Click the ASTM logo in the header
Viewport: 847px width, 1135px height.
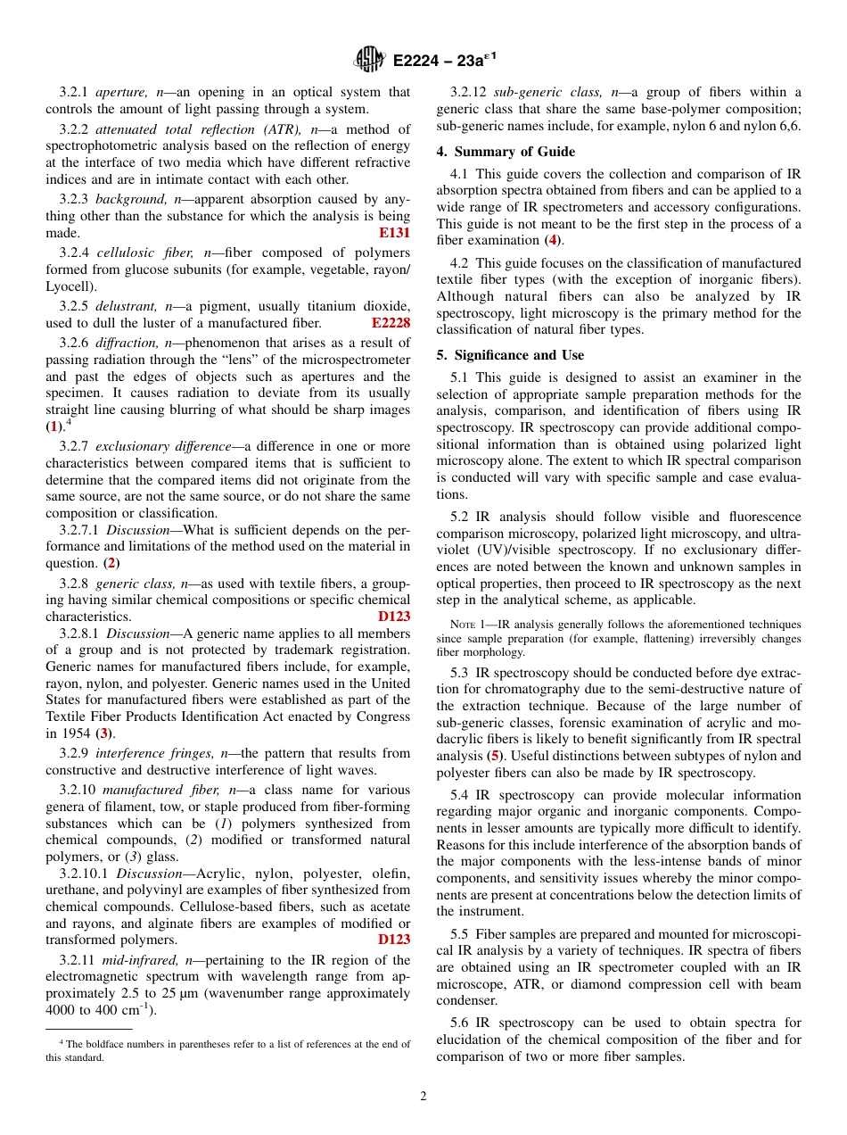pyautogui.click(x=368, y=61)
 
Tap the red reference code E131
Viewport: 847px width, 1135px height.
pyautogui.click(x=395, y=233)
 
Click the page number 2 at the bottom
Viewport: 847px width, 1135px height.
pyautogui.click(x=423, y=1097)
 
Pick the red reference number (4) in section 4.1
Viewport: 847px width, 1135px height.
pyautogui.click(x=553, y=240)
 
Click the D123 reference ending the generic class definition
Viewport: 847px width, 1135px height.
pyautogui.click(x=394, y=617)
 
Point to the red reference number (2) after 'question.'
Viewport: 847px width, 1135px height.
pyautogui.click(x=111, y=563)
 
